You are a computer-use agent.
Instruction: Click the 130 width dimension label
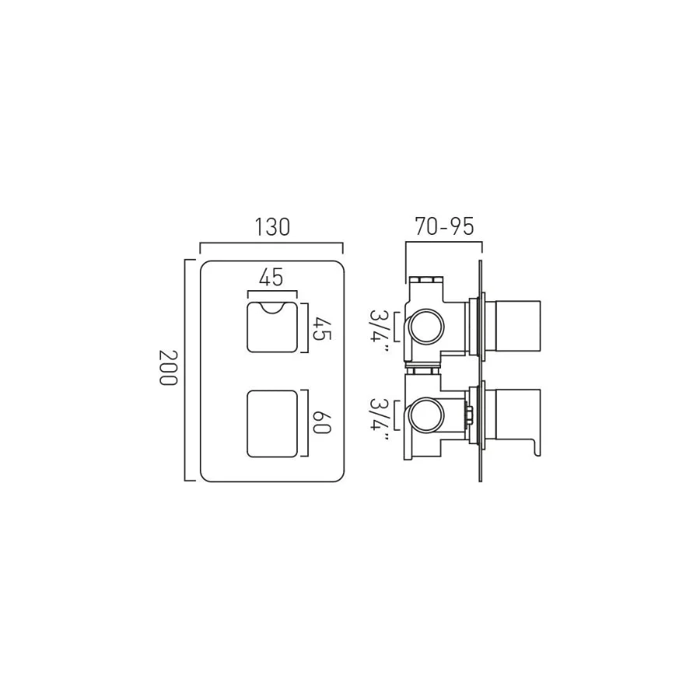pyautogui.click(x=271, y=227)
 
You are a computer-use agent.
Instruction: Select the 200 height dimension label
pyautogui.click(x=169, y=369)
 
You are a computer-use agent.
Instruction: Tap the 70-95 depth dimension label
pyautogui.click(x=444, y=226)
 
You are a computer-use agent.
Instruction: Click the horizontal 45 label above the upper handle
pyautogui.click(x=271, y=277)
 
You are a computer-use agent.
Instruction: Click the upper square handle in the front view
pyautogui.click(x=271, y=327)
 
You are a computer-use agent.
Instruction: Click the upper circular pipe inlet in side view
pyautogui.click(x=425, y=327)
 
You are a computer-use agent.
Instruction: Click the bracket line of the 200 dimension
pyautogui.click(x=185, y=369)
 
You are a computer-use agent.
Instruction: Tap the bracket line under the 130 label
pyautogui.click(x=271, y=243)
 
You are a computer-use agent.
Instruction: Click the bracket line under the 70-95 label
pyautogui.click(x=444, y=243)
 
